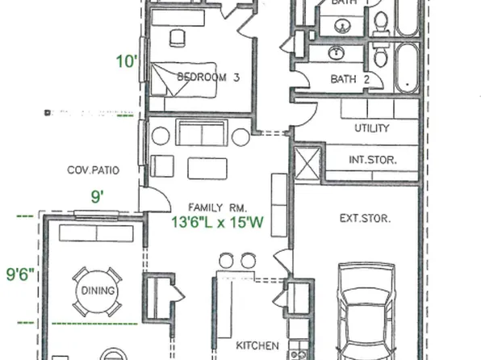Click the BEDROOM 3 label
pyautogui.click(x=208, y=77)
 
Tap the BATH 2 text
pyautogui.click(x=350, y=79)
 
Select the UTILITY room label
pyautogui.click(x=372, y=128)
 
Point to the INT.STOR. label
pyautogui.click(x=372, y=160)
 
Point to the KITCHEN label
pyautogui.click(x=257, y=345)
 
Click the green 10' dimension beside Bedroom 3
pyautogui.click(x=125, y=61)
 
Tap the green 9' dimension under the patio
pyautogui.click(x=97, y=195)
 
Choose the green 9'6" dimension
pyautogui.click(x=18, y=274)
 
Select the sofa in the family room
pyautogui.click(x=203, y=133)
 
